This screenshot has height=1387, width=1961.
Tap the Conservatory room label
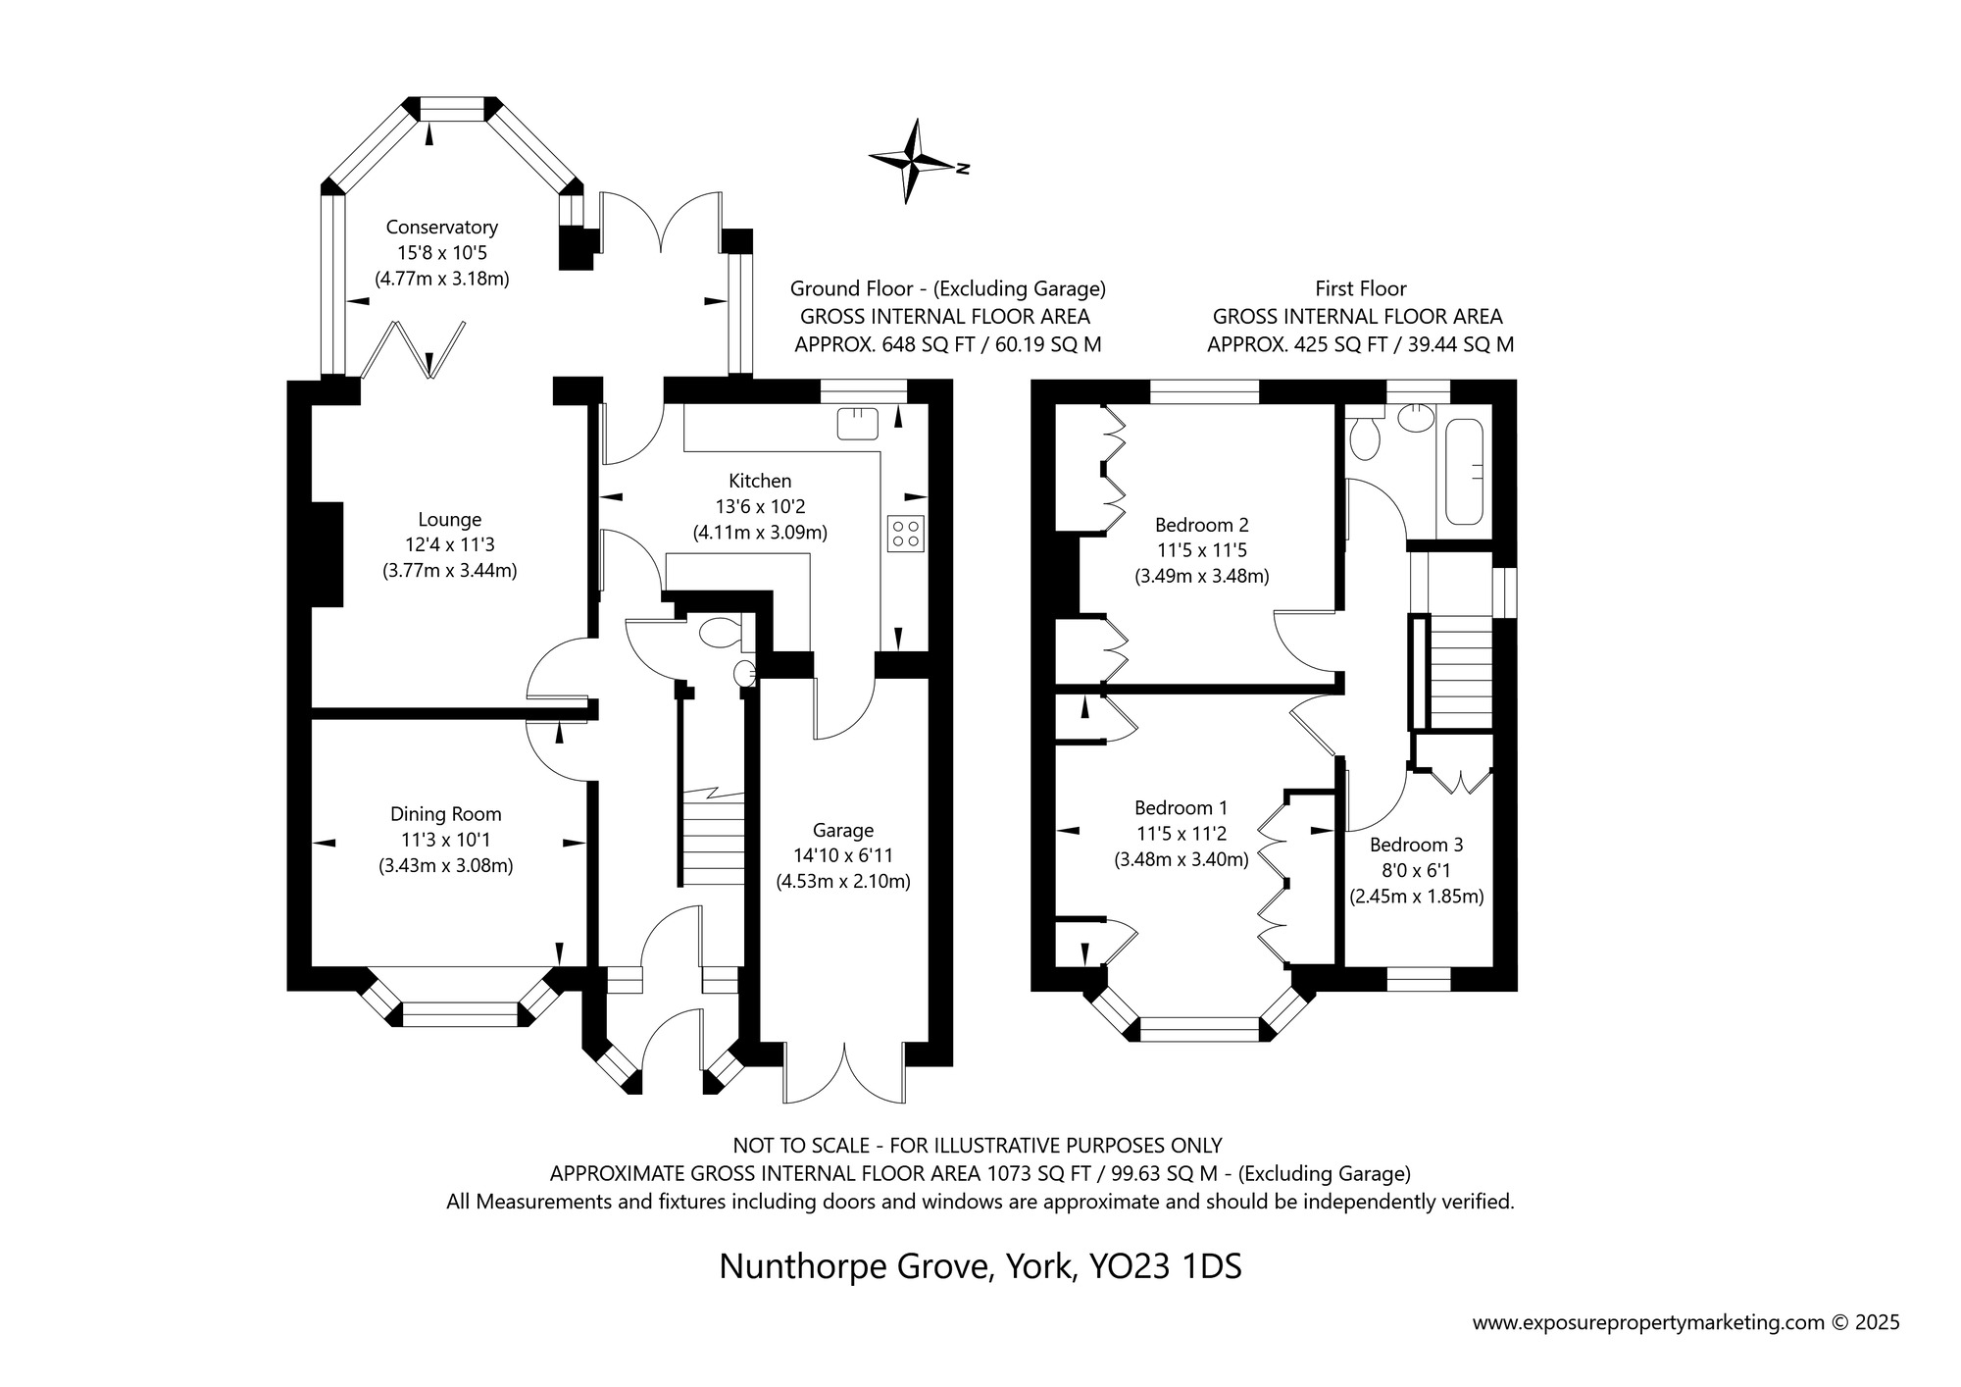click(x=441, y=228)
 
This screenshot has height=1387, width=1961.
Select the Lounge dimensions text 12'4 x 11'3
click(x=450, y=544)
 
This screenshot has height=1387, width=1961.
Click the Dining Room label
click(x=446, y=814)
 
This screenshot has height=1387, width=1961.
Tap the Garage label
click(x=843, y=831)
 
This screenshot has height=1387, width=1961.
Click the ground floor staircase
click(x=712, y=838)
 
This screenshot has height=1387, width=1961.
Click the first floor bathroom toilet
click(x=1364, y=437)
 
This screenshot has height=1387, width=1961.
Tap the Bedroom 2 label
click(x=1202, y=524)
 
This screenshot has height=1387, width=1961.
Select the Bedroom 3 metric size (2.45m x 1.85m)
click(x=1416, y=896)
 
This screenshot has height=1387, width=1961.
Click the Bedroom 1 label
click(x=1181, y=808)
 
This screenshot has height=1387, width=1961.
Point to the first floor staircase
click(x=1461, y=671)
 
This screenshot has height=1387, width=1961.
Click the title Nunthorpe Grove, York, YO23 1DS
click(x=980, y=1266)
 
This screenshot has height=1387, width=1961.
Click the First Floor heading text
click(x=1361, y=289)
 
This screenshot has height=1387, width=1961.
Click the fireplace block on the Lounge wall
click(x=327, y=554)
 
